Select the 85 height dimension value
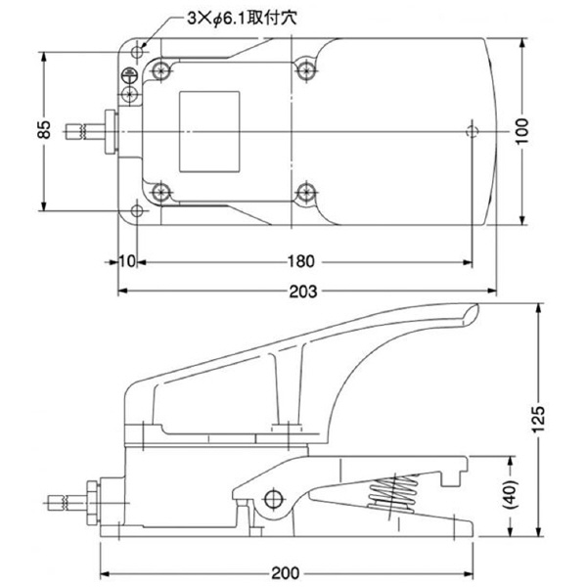44,130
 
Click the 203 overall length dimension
303,292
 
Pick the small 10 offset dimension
126,262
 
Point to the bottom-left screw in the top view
159,192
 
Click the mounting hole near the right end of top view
474,130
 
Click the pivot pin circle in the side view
271,500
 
